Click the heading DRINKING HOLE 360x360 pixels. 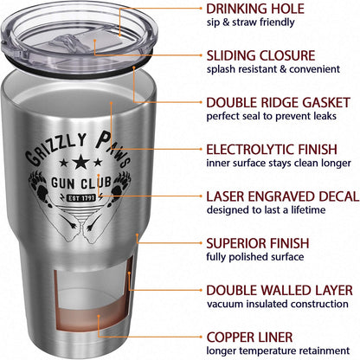pos(255,9)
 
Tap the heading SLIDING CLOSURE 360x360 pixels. pos(260,55)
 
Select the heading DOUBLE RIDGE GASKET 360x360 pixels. pos(279,103)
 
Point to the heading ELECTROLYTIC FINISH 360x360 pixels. pos(272,150)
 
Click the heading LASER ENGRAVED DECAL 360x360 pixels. pos(283,196)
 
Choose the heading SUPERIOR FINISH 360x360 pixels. pos(258,243)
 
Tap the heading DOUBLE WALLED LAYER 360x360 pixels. pos(280,290)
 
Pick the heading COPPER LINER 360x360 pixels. pos(249,337)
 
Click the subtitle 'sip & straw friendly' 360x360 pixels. pos(250,22)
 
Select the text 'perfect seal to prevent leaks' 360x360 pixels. pos(272,116)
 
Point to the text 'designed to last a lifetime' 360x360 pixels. pos(266,209)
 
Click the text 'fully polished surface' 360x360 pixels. pos(255,257)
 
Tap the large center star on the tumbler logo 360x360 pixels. pos(81,162)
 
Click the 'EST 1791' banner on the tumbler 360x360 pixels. pos(81,198)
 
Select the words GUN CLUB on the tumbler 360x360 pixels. pos(81,183)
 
